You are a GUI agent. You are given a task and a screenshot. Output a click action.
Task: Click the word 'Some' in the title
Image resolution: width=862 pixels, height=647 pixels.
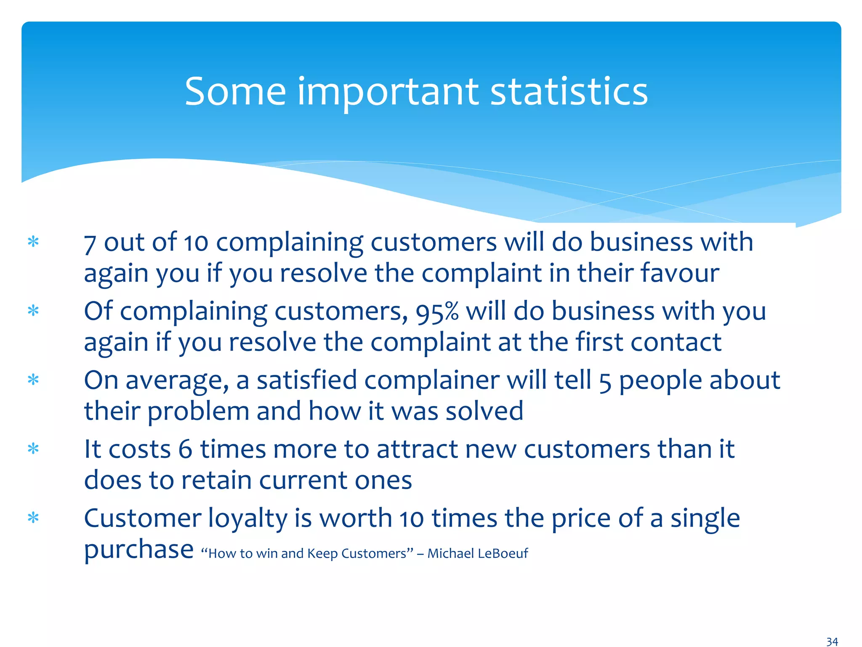pyautogui.click(x=235, y=91)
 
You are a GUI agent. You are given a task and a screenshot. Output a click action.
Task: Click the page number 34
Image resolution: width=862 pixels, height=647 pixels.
pyautogui.click(x=832, y=642)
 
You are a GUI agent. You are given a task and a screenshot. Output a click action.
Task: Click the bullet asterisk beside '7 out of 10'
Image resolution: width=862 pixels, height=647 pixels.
pyautogui.click(x=33, y=242)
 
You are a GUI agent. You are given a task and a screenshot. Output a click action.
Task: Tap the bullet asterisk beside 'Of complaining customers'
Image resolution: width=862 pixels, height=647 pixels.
pyautogui.click(x=33, y=311)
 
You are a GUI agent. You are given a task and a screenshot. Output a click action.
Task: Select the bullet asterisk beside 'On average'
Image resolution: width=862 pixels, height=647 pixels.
pyautogui.click(x=33, y=380)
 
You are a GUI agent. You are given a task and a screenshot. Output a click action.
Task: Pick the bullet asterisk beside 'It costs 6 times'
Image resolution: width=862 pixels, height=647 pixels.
pyautogui.click(x=33, y=449)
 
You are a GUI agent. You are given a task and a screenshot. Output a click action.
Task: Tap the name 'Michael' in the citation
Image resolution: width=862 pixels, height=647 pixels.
pyautogui.click(x=451, y=553)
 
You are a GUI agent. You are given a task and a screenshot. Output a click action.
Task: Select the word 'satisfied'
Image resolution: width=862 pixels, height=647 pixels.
pyautogui.click(x=307, y=380)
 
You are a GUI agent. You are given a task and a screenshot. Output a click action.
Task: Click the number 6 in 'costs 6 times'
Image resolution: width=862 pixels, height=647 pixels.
pyautogui.click(x=185, y=449)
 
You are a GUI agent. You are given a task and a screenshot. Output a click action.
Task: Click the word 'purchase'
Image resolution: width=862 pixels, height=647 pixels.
pyautogui.click(x=139, y=550)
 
